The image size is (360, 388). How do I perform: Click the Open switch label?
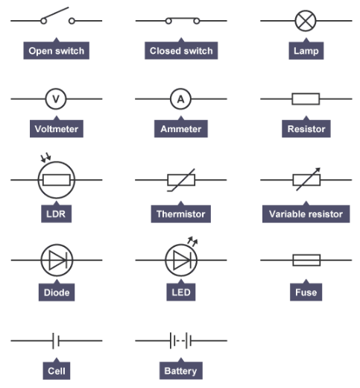point(57,51)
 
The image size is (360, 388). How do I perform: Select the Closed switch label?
point(181,51)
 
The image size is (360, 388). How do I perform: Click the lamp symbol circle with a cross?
point(306,21)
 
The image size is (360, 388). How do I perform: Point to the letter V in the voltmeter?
point(56,99)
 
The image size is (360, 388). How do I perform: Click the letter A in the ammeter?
point(180,99)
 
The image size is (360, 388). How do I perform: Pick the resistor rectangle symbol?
point(306,99)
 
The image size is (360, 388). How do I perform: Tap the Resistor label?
point(306,129)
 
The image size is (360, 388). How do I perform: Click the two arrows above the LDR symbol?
point(45,158)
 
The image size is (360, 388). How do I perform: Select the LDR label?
point(56,213)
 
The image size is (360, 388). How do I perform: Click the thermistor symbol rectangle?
point(181,180)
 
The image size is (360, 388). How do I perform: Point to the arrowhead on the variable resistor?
point(318,170)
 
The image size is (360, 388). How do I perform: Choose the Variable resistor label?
point(306,213)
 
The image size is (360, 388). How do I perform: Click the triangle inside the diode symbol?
point(57,260)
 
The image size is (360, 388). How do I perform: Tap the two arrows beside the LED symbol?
point(192,241)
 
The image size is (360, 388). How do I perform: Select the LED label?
point(181,292)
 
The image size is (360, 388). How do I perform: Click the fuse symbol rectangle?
point(306,260)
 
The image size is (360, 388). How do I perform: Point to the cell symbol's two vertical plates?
point(56,341)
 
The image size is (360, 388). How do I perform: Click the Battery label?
point(181,371)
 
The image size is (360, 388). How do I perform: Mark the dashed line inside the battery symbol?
point(180,341)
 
